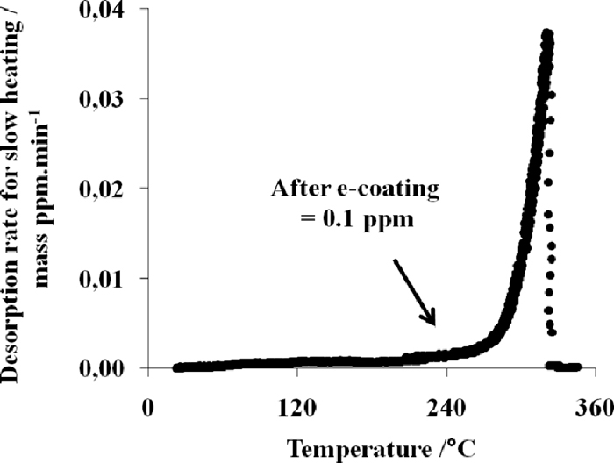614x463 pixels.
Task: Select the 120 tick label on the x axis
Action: click(x=297, y=409)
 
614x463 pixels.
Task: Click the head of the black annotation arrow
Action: click(x=432, y=324)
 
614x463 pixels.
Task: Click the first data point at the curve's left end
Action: click(x=176, y=368)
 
